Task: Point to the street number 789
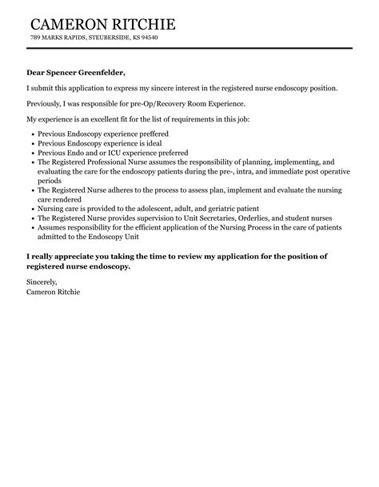coord(35,38)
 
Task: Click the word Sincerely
coord(43,282)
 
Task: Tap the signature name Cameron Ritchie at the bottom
coord(53,292)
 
